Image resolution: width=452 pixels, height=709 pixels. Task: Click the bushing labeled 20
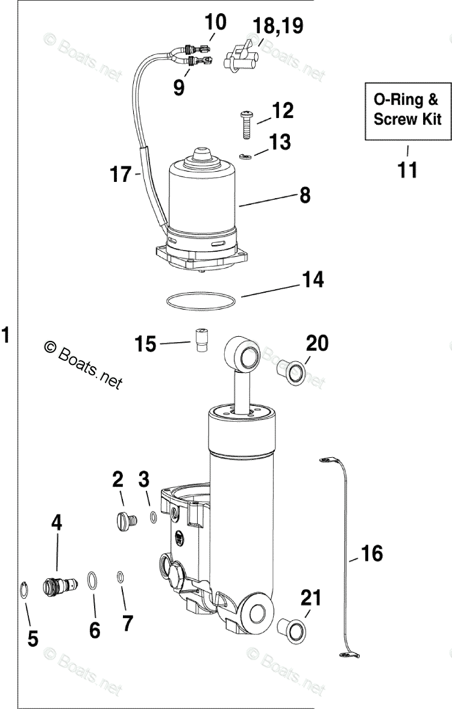click(290, 372)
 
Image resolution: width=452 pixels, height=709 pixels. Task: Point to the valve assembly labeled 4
click(60, 585)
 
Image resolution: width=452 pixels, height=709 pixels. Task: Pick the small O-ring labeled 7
click(121, 577)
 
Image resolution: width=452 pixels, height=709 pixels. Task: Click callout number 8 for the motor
click(304, 194)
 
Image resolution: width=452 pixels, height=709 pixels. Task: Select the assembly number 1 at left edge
click(7, 335)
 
